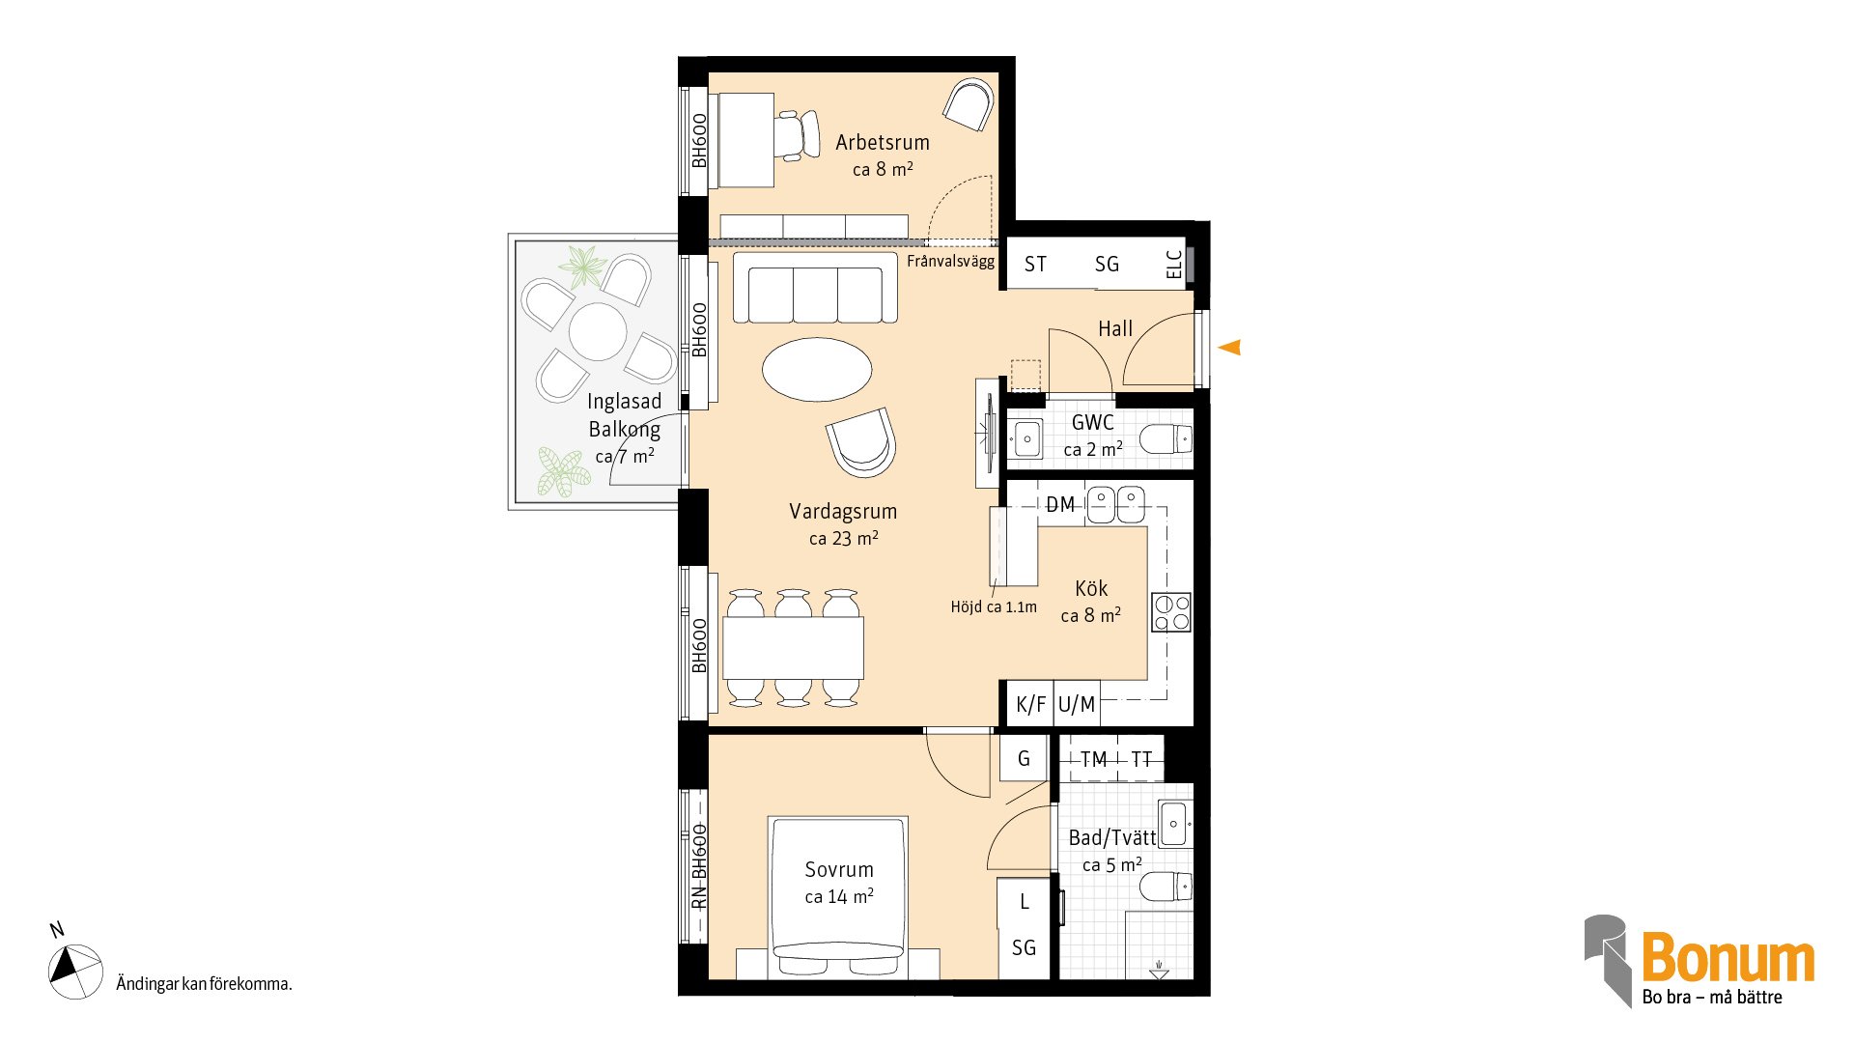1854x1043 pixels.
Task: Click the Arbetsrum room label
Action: point(883,142)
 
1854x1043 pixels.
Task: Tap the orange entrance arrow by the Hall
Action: point(1229,347)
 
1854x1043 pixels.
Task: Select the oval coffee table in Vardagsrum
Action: point(817,369)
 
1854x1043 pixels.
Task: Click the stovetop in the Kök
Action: point(1171,612)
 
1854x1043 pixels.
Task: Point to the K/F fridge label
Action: point(1030,704)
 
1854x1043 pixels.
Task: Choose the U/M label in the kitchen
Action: point(1077,704)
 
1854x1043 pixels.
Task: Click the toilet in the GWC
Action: point(1166,440)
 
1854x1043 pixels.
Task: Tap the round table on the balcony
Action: point(598,331)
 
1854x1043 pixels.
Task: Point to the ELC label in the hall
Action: point(1174,265)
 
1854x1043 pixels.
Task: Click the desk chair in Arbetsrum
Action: point(796,135)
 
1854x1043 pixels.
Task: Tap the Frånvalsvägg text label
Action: point(950,261)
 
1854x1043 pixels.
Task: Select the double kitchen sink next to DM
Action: point(1115,504)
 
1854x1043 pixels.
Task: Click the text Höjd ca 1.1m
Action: point(994,606)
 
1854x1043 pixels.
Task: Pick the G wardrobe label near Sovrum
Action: point(1024,759)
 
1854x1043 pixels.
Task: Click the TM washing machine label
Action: point(1093,760)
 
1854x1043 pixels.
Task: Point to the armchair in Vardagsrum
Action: point(861,441)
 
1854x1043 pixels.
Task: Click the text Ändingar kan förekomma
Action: point(204,984)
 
